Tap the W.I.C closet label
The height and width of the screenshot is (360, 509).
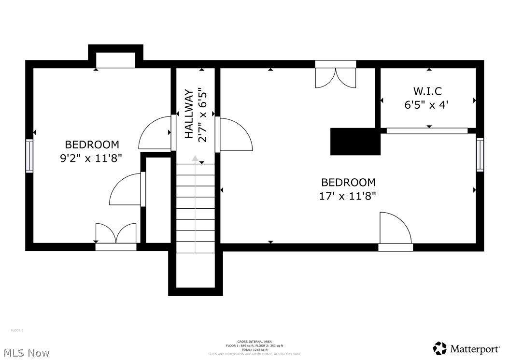[427, 91]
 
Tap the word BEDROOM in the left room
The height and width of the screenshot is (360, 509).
[92, 144]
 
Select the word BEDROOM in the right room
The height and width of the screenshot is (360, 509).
[348, 182]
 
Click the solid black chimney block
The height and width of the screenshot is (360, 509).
[354, 142]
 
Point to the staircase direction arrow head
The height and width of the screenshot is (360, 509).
[195, 158]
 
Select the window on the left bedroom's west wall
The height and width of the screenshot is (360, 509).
[29, 156]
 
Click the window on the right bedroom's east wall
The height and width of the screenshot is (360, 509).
[480, 155]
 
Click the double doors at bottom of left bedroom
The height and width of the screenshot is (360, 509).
[116, 234]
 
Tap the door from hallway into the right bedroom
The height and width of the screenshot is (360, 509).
[235, 134]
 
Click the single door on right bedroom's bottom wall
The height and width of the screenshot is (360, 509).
[396, 230]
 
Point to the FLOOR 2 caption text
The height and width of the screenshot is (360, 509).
[17, 331]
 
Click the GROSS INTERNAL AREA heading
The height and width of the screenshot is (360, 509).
[254, 342]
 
